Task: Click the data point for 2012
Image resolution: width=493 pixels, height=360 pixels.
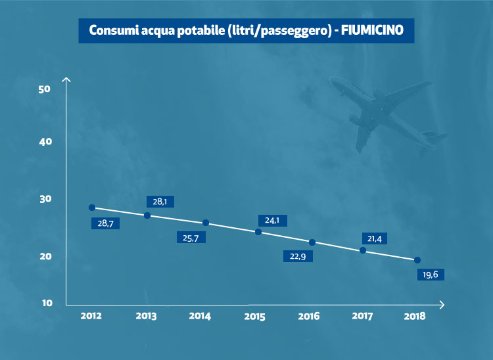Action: click(92, 208)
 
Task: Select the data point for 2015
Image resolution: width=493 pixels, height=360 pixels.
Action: click(258, 232)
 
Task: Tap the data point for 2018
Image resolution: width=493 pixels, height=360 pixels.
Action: click(417, 260)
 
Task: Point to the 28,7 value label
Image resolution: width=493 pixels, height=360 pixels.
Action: click(106, 223)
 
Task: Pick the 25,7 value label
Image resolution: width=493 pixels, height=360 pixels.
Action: click(191, 237)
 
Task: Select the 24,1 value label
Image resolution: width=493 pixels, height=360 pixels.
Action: click(272, 221)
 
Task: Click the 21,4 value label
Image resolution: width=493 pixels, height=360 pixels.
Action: click(376, 238)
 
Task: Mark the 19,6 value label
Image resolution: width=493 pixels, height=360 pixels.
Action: click(431, 274)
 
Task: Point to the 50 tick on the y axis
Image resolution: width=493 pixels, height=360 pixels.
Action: click(45, 89)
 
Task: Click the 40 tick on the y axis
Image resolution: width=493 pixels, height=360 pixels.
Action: click(45, 142)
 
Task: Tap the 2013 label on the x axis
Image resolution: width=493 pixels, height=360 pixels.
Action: click(146, 316)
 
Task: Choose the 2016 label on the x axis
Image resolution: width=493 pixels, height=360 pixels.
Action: click(308, 316)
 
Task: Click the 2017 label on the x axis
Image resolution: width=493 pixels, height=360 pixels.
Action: click(362, 316)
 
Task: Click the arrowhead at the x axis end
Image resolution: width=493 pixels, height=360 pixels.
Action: click(442, 304)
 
